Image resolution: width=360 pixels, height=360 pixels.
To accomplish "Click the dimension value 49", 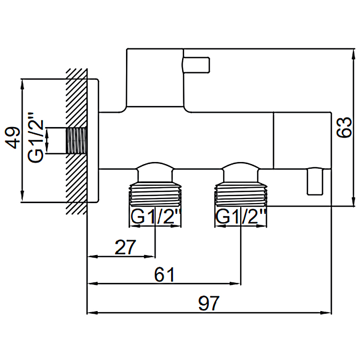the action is point(12,138).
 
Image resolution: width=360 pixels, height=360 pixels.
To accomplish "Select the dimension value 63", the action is point(344,128).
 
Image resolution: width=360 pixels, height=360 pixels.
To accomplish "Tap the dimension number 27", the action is point(125,247).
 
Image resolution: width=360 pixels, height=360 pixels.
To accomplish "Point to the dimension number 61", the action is point(164,275).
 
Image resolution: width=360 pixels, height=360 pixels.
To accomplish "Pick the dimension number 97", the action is point(209,303).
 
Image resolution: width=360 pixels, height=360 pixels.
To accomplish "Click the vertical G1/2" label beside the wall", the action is point(36,137).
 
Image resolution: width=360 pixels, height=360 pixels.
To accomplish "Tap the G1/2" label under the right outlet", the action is point(241,217).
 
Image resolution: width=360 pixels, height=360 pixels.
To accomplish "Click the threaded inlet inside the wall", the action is point(77,141).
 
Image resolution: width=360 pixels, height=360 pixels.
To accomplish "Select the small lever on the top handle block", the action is point(196,65).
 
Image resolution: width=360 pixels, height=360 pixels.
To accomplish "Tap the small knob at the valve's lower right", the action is point(315,182).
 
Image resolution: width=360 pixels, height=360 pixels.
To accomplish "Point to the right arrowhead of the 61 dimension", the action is point(236,284).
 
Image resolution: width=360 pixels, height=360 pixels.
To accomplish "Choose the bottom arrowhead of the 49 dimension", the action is point(22,197).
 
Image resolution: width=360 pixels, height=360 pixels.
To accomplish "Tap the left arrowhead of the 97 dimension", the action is point(93,313).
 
